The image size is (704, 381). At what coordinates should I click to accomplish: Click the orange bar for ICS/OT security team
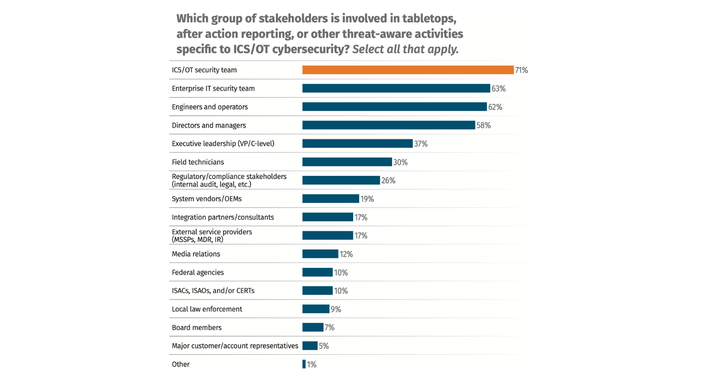(x=408, y=70)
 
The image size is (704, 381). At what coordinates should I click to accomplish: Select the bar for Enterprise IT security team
(x=396, y=89)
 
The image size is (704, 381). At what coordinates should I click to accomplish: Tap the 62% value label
(x=495, y=107)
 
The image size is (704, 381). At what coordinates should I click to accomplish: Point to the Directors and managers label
(x=209, y=126)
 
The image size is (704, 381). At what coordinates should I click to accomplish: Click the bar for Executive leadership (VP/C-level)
(x=357, y=144)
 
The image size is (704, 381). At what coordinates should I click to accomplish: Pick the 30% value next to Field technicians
(x=400, y=162)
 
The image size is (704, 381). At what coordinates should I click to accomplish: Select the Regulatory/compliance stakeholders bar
(x=341, y=180)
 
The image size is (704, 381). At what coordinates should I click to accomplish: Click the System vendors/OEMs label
(x=207, y=199)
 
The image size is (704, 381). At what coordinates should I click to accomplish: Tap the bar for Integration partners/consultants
(x=327, y=217)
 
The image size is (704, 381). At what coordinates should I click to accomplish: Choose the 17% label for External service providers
(x=361, y=236)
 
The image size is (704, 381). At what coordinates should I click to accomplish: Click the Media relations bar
(x=320, y=254)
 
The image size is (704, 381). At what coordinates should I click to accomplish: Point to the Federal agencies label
(x=198, y=272)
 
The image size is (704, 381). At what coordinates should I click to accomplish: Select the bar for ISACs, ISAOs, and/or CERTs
(x=317, y=291)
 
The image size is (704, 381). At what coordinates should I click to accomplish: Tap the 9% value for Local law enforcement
(x=336, y=309)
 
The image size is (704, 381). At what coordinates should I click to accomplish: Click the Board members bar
(x=313, y=328)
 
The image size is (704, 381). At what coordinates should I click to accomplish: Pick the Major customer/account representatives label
(x=235, y=346)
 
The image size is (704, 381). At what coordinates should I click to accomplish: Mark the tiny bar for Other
(x=304, y=364)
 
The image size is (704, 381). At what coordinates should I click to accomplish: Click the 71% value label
(x=521, y=70)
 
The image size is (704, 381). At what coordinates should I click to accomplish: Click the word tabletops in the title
(x=429, y=19)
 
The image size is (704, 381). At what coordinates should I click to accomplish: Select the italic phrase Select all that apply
(x=405, y=49)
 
